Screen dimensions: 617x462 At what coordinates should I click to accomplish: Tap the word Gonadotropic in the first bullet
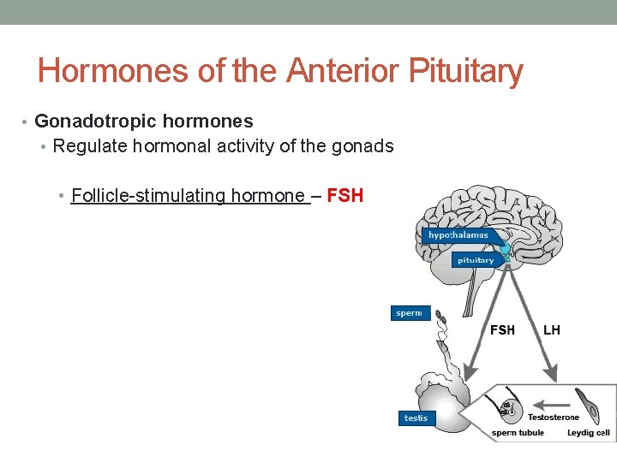point(90,121)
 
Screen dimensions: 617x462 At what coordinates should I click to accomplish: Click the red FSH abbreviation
point(345,196)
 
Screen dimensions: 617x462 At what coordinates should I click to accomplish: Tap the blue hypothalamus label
point(458,235)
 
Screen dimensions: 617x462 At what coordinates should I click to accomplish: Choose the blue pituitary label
point(475,260)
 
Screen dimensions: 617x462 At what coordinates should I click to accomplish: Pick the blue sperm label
point(409,313)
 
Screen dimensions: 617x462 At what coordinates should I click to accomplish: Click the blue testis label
point(416,418)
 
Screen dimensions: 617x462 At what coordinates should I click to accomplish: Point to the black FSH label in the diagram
point(502,329)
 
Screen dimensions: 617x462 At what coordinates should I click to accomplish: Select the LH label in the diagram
point(551,329)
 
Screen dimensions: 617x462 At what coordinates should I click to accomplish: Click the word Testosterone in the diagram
point(553,418)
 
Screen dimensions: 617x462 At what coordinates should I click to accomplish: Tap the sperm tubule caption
point(518,433)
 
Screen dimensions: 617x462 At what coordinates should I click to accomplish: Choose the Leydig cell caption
point(588,433)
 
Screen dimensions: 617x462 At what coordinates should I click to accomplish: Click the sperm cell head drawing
point(439,316)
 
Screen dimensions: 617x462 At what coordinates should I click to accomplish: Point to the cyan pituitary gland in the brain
point(505,250)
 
